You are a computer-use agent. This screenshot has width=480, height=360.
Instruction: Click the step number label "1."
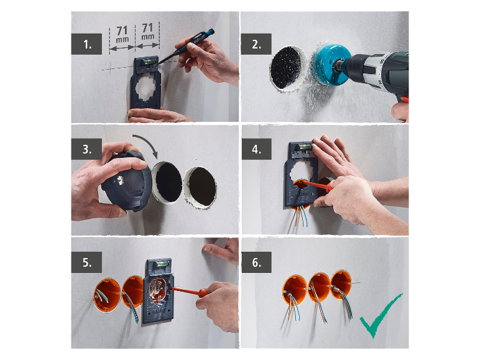pos(86,44)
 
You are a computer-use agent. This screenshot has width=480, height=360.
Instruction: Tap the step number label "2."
pos(256,44)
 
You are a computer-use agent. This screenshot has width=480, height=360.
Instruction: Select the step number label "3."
pos(86,149)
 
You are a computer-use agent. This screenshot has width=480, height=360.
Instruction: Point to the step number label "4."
pos(257,149)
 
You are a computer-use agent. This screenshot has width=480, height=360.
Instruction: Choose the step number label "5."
pos(86,262)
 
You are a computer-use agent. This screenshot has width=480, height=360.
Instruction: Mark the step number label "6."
pos(257,262)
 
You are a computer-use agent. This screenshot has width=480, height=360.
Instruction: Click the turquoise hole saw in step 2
pos(331,64)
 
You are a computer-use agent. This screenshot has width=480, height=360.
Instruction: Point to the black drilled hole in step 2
pos(286,69)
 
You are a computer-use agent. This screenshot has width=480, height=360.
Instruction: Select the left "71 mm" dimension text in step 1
pos(122,34)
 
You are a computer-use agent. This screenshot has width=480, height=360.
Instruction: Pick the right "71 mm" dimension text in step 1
pos(147,32)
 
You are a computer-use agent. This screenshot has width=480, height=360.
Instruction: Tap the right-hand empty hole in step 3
pos(200,187)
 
